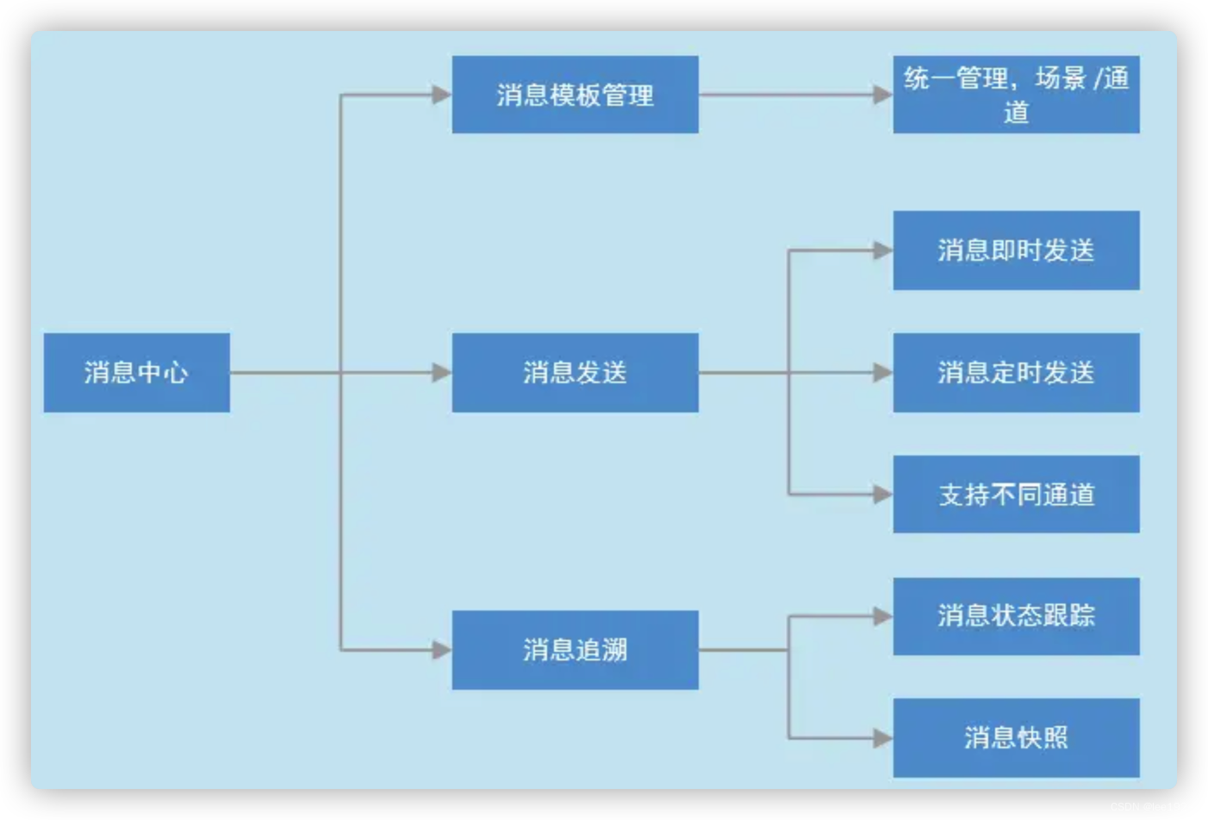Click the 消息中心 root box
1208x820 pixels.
[136, 372]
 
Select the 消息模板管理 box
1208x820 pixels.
[575, 95]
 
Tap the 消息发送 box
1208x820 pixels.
[575, 372]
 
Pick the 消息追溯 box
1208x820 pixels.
[575, 649]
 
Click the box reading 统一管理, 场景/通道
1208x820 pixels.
[1016, 95]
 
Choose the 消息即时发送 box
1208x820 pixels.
[1016, 250]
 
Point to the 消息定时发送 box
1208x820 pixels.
[1016, 372]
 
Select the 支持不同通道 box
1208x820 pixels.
[1016, 494]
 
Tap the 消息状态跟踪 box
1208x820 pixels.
[1016, 616]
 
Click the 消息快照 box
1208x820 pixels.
[1016, 737]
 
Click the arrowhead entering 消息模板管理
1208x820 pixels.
[442, 95]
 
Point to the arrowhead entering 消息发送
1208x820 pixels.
[442, 372]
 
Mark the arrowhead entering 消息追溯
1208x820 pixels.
[442, 649]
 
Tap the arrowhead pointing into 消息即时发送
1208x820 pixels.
[883, 251]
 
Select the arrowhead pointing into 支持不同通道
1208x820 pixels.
[883, 494]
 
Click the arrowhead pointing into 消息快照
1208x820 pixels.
[883, 738]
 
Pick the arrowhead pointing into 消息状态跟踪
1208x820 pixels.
[883, 616]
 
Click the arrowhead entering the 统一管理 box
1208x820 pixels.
[883, 95]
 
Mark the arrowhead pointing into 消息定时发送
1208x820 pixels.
[883, 372]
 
